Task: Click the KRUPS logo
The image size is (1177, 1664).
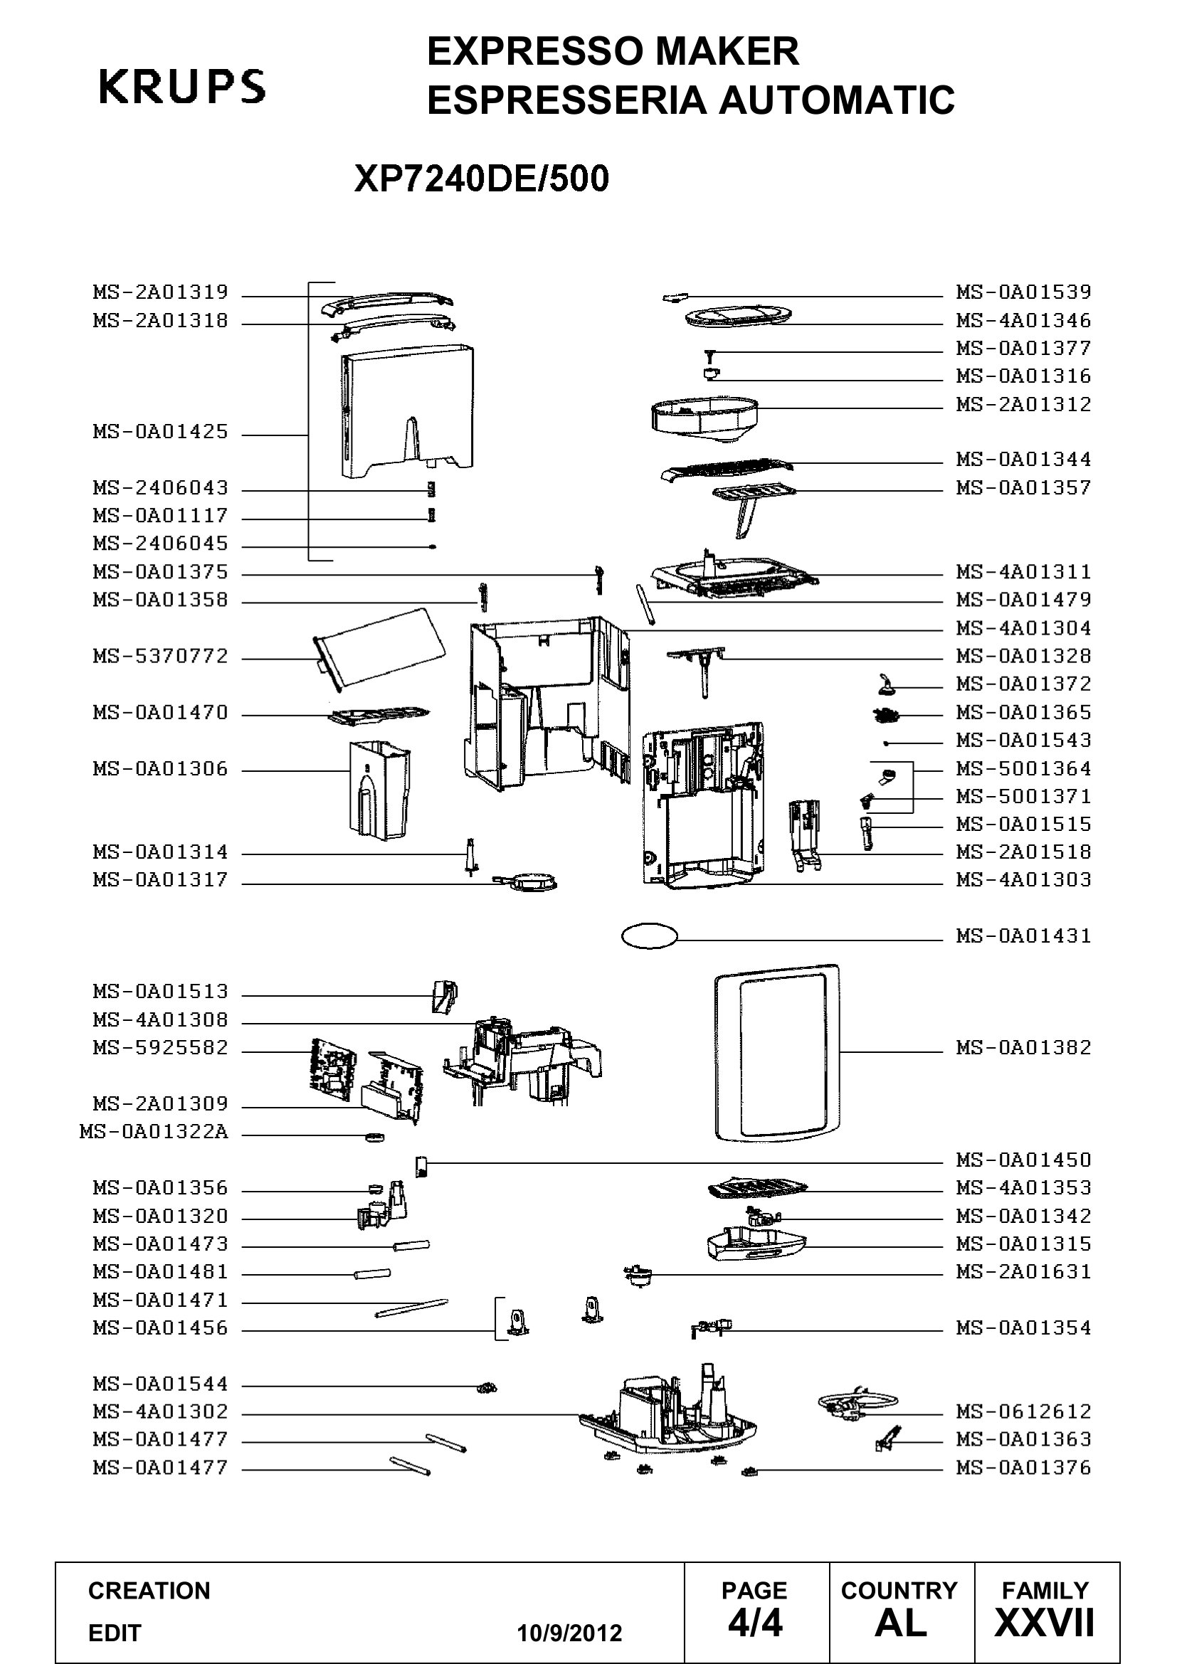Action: (x=182, y=86)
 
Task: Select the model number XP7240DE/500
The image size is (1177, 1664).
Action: (x=481, y=179)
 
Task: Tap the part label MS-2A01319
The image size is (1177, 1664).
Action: (x=160, y=292)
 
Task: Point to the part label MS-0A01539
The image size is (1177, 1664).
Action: (x=1023, y=292)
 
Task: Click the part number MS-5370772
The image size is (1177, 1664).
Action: (x=160, y=657)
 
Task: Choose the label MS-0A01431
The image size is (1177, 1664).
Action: (x=1023, y=936)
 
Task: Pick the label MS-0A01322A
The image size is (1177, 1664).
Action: (x=154, y=1132)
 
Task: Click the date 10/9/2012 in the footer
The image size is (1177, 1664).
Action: (x=569, y=1633)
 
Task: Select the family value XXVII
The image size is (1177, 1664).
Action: (x=1045, y=1623)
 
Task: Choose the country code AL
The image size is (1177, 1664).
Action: (x=901, y=1623)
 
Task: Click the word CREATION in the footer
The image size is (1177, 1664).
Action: (x=149, y=1590)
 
